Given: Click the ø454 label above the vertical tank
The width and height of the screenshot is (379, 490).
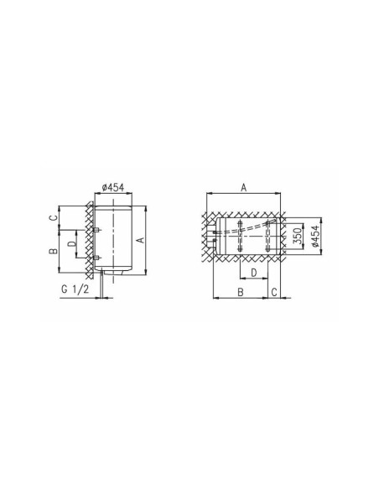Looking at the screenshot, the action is click(x=113, y=187).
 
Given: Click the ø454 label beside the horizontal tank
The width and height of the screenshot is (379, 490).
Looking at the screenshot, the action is click(x=316, y=237).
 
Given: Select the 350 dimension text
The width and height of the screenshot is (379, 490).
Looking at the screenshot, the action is click(x=299, y=237).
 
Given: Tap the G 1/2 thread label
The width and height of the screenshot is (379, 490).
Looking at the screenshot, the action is click(x=75, y=289).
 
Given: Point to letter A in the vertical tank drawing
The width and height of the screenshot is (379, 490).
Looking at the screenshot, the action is click(x=141, y=240).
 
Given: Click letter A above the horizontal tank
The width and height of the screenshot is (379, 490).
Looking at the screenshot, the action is click(x=244, y=187).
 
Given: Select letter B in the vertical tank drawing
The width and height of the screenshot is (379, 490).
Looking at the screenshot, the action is click(x=53, y=251).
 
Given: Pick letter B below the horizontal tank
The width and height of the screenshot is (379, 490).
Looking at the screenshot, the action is click(x=241, y=292).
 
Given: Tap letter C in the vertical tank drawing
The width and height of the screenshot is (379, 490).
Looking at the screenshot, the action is click(x=55, y=218).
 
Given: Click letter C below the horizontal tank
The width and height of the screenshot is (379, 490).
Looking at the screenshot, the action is click(x=274, y=292).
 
